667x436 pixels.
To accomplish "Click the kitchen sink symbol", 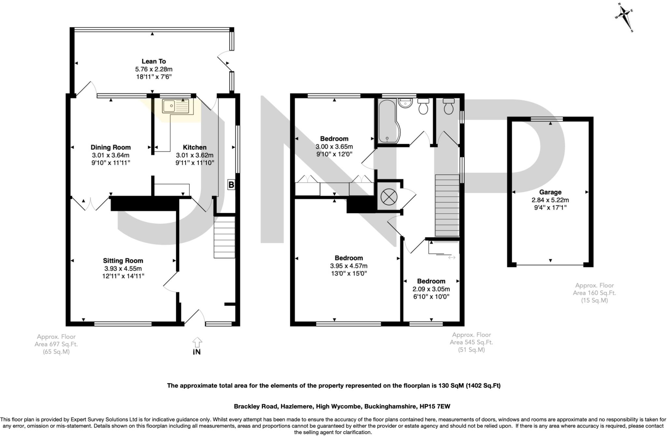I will pos(177,107).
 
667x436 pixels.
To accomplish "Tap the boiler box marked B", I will pos(231,185).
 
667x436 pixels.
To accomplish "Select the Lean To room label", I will pos(154,61).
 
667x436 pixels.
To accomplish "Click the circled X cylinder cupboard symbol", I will pos(388,197).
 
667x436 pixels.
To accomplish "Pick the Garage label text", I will pos(550,192).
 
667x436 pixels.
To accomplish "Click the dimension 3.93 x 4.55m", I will pos(123,269).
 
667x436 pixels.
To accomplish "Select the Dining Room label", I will pos(110,147).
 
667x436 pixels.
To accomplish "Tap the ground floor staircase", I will pos(224,237).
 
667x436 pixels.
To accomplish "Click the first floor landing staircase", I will pos(447,206).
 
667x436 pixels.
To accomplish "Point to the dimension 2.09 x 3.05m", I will pos(431,289).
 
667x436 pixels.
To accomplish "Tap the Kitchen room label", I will pos(194,147).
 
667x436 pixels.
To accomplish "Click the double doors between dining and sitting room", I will pos(91,204).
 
